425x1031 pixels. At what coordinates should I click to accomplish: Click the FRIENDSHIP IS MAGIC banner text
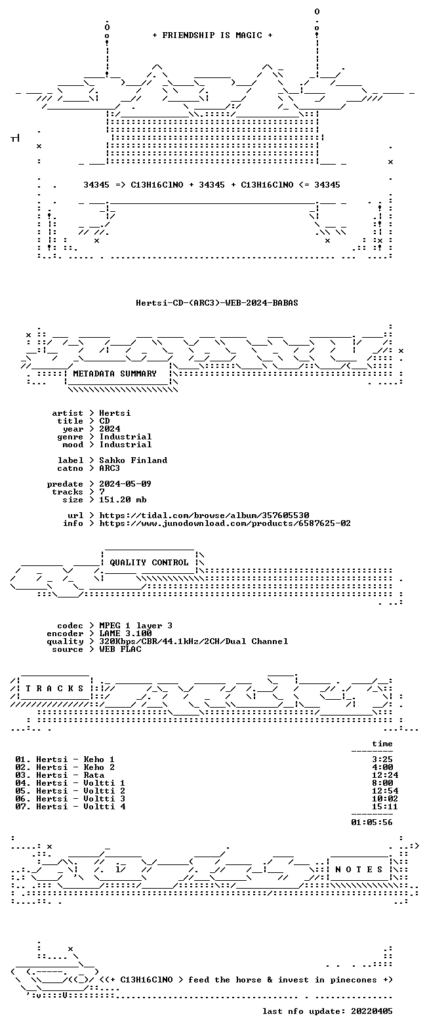[x=212, y=35]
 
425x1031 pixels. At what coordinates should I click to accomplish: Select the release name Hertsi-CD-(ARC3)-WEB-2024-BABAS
[x=217, y=303]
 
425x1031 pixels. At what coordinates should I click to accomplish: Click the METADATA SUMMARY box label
[x=115, y=374]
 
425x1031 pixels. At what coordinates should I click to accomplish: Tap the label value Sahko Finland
[x=133, y=460]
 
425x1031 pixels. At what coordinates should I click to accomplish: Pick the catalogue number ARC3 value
[x=110, y=468]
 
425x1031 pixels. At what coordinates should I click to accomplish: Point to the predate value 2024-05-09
[x=125, y=484]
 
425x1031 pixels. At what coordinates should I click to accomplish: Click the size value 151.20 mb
[x=123, y=499]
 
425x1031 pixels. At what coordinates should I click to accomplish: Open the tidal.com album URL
[x=204, y=515]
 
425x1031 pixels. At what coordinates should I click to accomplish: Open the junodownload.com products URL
[x=225, y=523]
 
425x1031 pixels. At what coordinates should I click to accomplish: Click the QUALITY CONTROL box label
[x=149, y=563]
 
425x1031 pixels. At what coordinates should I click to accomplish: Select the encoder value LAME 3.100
[x=125, y=634]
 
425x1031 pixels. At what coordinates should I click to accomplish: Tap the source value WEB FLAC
[x=120, y=649]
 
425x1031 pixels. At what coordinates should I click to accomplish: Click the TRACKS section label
[x=55, y=688]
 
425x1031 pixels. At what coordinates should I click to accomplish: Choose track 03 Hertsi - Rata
[x=60, y=775]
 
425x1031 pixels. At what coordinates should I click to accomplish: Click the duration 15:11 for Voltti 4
[x=385, y=807]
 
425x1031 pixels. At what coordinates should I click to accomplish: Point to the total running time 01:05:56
[x=372, y=822]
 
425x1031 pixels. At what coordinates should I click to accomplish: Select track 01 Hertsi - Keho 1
[x=64, y=759]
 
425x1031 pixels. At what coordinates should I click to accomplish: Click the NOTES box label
[x=359, y=870]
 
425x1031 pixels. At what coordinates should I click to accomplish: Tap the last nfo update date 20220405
[x=372, y=1011]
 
